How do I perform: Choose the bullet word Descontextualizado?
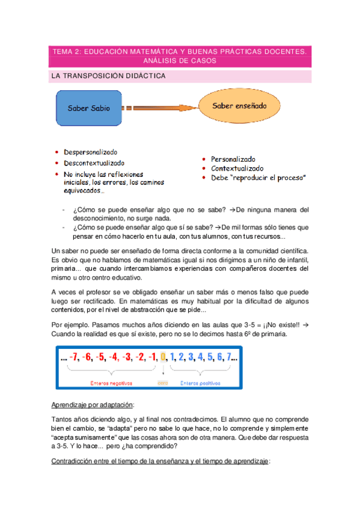(94, 162)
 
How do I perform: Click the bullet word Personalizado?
(233, 159)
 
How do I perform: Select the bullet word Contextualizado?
(237, 168)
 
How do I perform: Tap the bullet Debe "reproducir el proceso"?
(258, 178)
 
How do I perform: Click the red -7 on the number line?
(75, 357)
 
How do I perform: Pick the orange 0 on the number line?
(162, 357)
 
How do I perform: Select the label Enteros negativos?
(111, 382)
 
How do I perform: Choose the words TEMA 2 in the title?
(66, 52)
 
